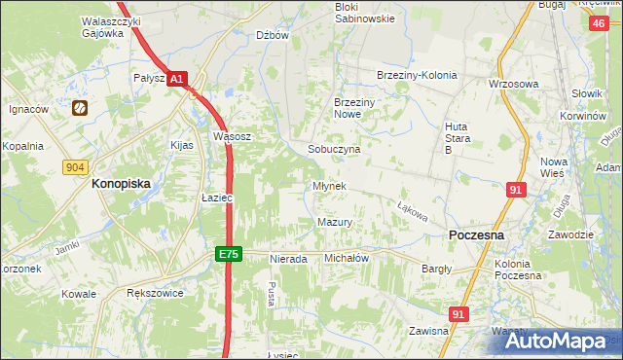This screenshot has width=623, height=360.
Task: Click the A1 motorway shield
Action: coord(176,78)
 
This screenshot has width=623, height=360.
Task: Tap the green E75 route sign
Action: coord(228,254)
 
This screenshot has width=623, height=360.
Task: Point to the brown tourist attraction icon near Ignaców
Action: coord(80,109)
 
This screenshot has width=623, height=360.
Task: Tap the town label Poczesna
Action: coord(476,235)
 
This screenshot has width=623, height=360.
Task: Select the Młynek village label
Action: coord(329,185)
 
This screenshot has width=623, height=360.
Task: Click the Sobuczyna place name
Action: coord(334,150)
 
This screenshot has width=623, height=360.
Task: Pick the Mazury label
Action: coord(334,223)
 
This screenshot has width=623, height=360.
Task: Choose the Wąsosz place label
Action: coord(233,137)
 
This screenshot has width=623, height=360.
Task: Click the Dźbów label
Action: coord(273,35)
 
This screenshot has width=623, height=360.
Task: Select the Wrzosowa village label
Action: coord(513,84)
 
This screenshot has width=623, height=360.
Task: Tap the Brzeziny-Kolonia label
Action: coord(416,75)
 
